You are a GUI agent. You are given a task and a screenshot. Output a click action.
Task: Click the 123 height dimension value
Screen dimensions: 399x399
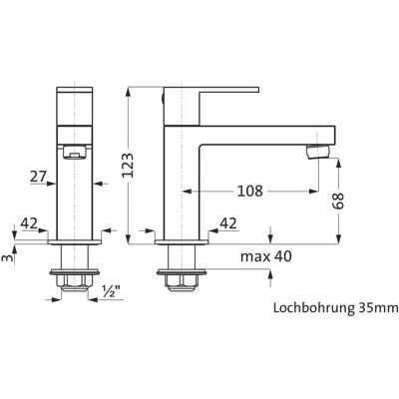click(x=128, y=166)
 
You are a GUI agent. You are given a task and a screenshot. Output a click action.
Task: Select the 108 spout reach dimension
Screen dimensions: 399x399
click(x=249, y=191)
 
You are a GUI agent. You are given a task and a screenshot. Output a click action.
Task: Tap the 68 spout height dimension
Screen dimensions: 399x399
click(x=338, y=200)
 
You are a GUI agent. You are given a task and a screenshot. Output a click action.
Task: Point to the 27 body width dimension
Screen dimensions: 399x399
click(x=38, y=177)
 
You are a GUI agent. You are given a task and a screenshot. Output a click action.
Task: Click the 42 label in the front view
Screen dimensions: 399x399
click(x=29, y=223)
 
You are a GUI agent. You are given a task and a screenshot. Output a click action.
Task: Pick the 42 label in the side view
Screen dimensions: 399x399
click(x=228, y=223)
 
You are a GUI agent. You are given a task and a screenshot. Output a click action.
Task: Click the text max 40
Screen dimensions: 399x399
click(x=266, y=256)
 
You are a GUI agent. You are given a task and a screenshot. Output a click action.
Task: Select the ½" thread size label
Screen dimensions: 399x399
click(x=111, y=291)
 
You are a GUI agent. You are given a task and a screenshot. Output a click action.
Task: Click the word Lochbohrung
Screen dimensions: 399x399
click(x=313, y=308)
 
